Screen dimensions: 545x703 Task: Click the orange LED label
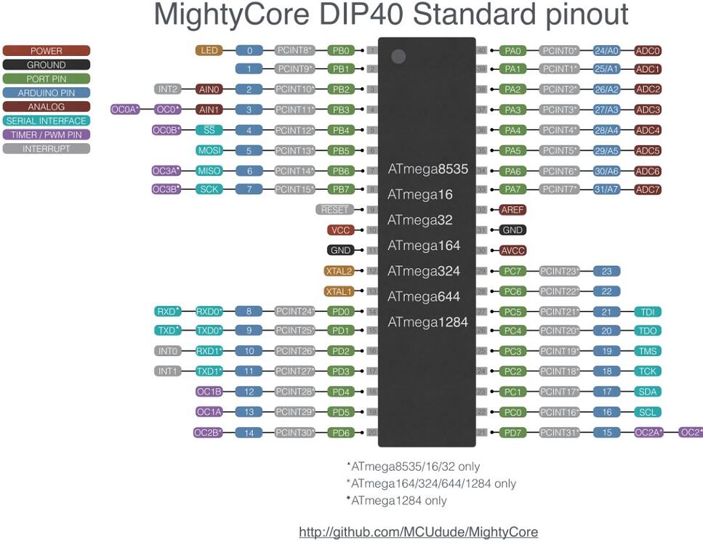tap(209, 51)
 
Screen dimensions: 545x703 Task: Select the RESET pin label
tap(334, 210)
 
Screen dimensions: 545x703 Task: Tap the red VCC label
tap(340, 230)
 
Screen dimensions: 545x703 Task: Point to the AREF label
tap(513, 210)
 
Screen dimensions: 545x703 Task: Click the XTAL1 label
tap(339, 291)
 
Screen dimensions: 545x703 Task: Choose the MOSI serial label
tap(209, 151)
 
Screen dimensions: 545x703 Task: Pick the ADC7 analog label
tap(648, 190)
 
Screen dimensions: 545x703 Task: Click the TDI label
tap(648, 312)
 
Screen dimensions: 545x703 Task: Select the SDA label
tap(648, 392)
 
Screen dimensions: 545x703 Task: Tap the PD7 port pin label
tap(513, 433)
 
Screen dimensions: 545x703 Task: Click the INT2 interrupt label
tap(167, 89)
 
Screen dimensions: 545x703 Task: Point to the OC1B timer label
tap(209, 392)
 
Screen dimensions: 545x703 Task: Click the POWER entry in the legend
tap(47, 51)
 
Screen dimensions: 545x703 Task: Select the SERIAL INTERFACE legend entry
tap(47, 121)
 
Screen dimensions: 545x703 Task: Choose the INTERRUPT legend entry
tap(47, 149)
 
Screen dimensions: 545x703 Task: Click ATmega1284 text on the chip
tap(427, 323)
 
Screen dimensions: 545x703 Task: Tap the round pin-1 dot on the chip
tap(398, 57)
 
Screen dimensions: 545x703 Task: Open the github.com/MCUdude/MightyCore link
tap(418, 533)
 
